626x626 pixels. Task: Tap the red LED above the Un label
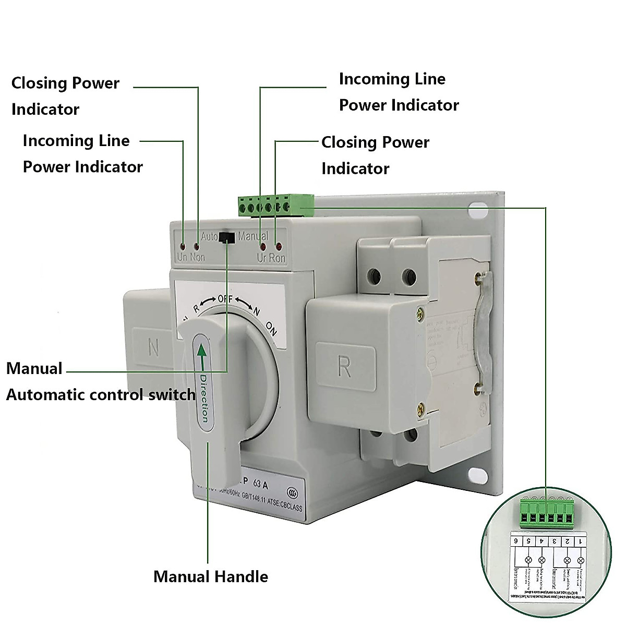click(x=182, y=246)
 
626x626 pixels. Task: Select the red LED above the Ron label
click(x=279, y=246)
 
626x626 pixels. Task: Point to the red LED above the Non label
click(x=197, y=246)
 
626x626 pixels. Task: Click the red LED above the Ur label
click(x=263, y=246)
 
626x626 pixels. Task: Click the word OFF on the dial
click(x=225, y=299)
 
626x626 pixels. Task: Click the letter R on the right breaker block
click(x=344, y=367)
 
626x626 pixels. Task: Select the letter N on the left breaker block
click(x=153, y=347)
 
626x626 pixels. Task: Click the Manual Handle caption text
click(x=211, y=576)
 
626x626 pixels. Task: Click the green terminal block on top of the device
click(x=275, y=206)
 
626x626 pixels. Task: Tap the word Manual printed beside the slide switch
click(x=253, y=236)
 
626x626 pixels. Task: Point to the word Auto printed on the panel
click(x=209, y=236)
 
